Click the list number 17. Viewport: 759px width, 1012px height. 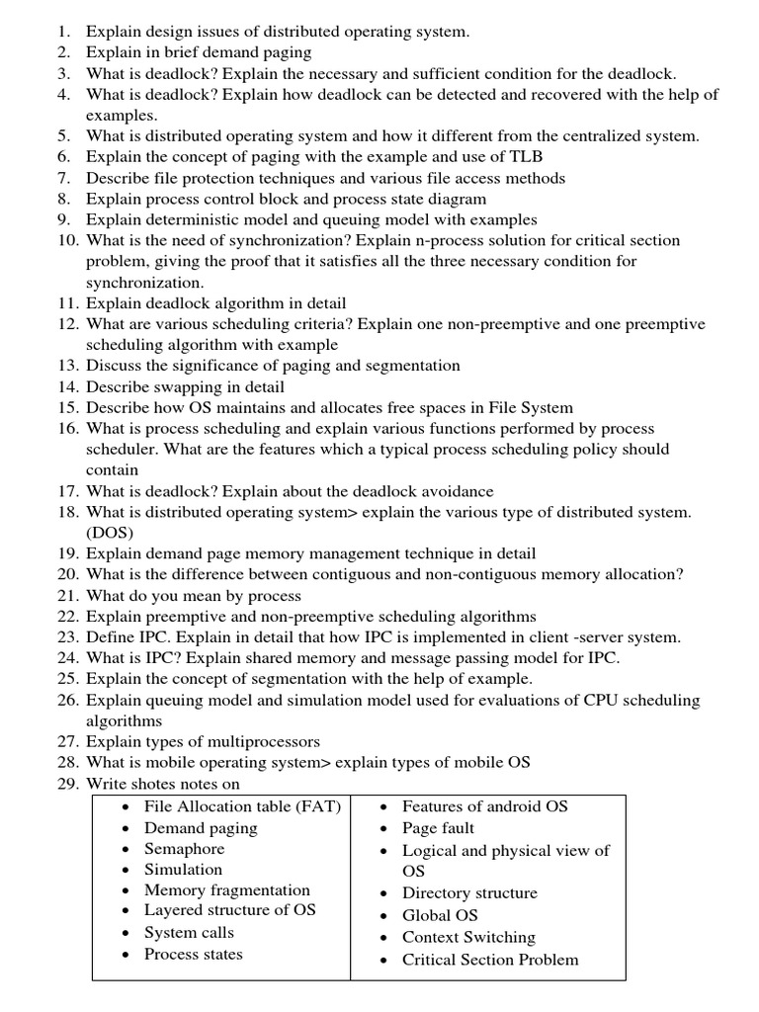(x=67, y=491)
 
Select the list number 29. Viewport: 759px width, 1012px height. (x=67, y=783)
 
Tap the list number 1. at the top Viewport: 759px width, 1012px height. (x=63, y=32)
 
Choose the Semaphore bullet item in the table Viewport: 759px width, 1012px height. (x=184, y=849)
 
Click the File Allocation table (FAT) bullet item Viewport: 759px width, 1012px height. (x=242, y=806)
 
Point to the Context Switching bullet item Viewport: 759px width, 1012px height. (x=468, y=937)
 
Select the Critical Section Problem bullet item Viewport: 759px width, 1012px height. (x=490, y=960)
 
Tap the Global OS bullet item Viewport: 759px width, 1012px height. (x=440, y=915)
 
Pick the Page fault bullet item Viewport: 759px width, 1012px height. (x=438, y=828)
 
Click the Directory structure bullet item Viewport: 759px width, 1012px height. (x=469, y=893)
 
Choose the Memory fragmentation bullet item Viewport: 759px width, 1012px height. (x=226, y=890)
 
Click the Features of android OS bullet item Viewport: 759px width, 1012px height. (x=484, y=806)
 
